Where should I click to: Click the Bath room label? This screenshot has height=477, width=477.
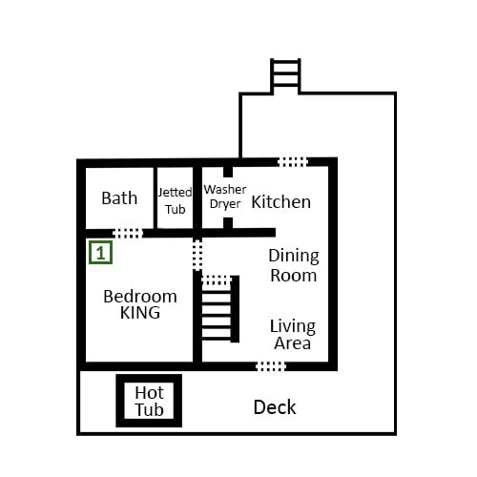click(x=119, y=198)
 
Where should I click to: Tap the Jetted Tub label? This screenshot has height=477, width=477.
click(x=175, y=200)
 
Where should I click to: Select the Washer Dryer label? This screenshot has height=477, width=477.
click(x=225, y=197)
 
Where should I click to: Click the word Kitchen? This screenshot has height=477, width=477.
click(x=281, y=202)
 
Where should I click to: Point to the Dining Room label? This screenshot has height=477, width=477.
click(x=294, y=265)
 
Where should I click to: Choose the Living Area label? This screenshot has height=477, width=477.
click(x=293, y=335)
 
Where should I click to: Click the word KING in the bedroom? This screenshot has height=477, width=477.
click(x=140, y=313)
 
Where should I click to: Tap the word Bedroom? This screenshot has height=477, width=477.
click(x=140, y=297)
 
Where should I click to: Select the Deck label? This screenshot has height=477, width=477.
click(x=275, y=407)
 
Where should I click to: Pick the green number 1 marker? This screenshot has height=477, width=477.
click(x=100, y=253)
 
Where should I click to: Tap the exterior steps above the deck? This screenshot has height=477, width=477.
click(x=285, y=76)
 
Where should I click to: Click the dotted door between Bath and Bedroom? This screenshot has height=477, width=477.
click(x=128, y=233)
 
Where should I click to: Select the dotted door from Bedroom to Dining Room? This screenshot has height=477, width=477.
click(x=197, y=255)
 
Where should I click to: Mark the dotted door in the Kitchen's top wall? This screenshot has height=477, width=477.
click(x=293, y=162)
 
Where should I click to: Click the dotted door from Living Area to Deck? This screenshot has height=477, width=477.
click(x=271, y=366)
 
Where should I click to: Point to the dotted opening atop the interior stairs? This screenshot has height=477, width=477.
click(x=217, y=280)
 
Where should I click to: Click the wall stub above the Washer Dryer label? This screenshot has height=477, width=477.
click(x=228, y=172)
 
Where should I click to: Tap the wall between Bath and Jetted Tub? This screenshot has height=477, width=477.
click(x=156, y=197)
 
